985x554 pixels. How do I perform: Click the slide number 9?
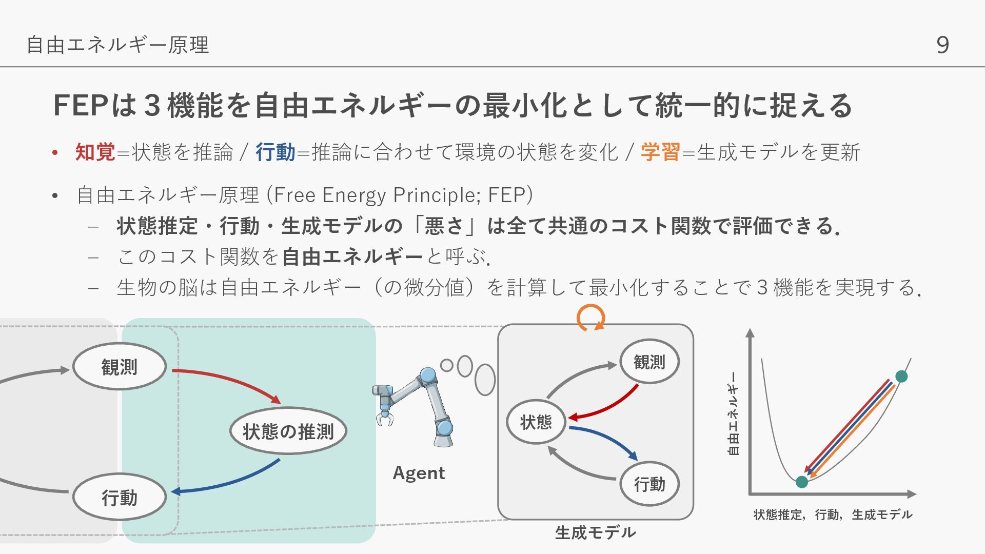tap(942, 45)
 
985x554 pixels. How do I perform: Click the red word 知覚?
tap(95, 152)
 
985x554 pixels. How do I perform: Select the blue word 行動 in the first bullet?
tap(275, 152)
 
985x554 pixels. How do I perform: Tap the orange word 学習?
tap(660, 152)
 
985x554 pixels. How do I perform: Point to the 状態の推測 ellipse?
tap(288, 431)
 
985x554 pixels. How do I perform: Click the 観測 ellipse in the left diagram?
tap(119, 367)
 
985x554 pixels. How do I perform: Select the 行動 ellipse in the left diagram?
tap(119, 498)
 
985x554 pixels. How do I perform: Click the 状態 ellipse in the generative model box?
tap(536, 422)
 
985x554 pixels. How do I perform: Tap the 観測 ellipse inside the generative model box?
tap(649, 362)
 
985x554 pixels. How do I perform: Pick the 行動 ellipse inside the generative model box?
tap(649, 484)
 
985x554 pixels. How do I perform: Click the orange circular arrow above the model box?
tap(591, 318)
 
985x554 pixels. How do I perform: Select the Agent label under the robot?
tap(419, 473)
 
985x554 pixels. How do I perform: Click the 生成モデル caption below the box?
tap(595, 532)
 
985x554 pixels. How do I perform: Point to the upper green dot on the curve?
tap(901, 377)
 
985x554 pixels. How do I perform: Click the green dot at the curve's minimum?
tap(801, 482)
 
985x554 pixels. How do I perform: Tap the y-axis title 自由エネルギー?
tap(734, 413)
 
